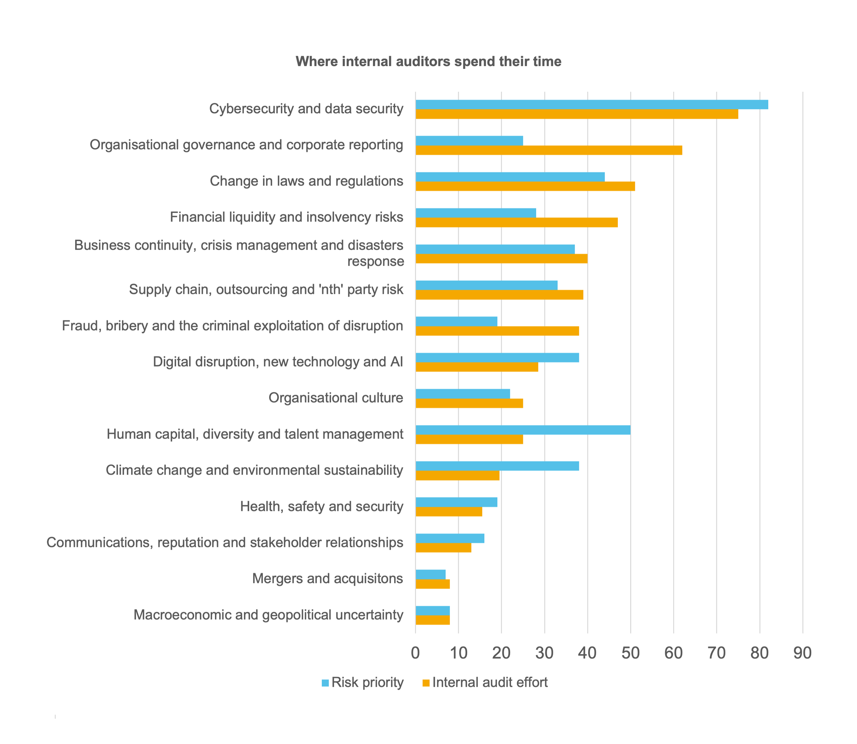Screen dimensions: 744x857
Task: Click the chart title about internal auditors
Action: (428, 61)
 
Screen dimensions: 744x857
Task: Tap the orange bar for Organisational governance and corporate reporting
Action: (548, 150)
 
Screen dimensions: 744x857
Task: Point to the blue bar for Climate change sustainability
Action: (497, 466)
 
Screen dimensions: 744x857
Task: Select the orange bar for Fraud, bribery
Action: (497, 331)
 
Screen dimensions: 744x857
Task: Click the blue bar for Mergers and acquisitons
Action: (430, 574)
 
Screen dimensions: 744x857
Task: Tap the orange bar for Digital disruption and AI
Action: (477, 367)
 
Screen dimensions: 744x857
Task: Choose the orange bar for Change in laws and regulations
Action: (525, 186)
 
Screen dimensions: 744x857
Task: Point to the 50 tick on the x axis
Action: (630, 654)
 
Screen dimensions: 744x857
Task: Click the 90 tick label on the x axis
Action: (802, 654)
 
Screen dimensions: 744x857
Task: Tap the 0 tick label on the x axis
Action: (415, 654)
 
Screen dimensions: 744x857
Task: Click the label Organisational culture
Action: (335, 398)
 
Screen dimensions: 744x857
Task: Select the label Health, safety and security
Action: (321, 506)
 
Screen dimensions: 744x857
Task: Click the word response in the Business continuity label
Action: (375, 262)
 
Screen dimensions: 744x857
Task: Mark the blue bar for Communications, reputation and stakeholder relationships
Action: (450, 538)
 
